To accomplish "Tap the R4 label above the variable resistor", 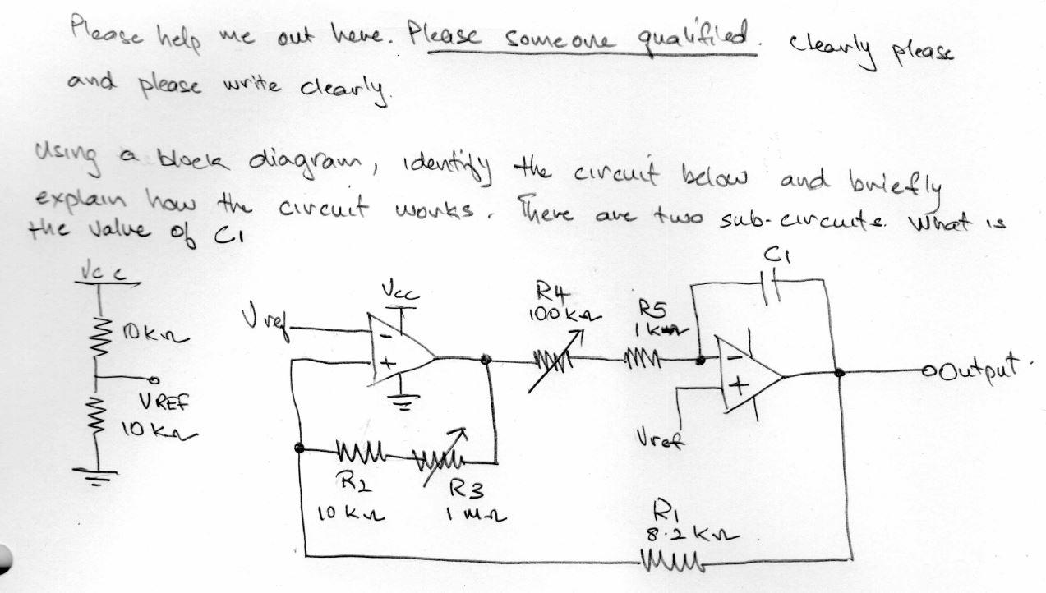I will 550,292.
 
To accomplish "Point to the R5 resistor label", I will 661,309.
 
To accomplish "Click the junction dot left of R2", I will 302,448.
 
